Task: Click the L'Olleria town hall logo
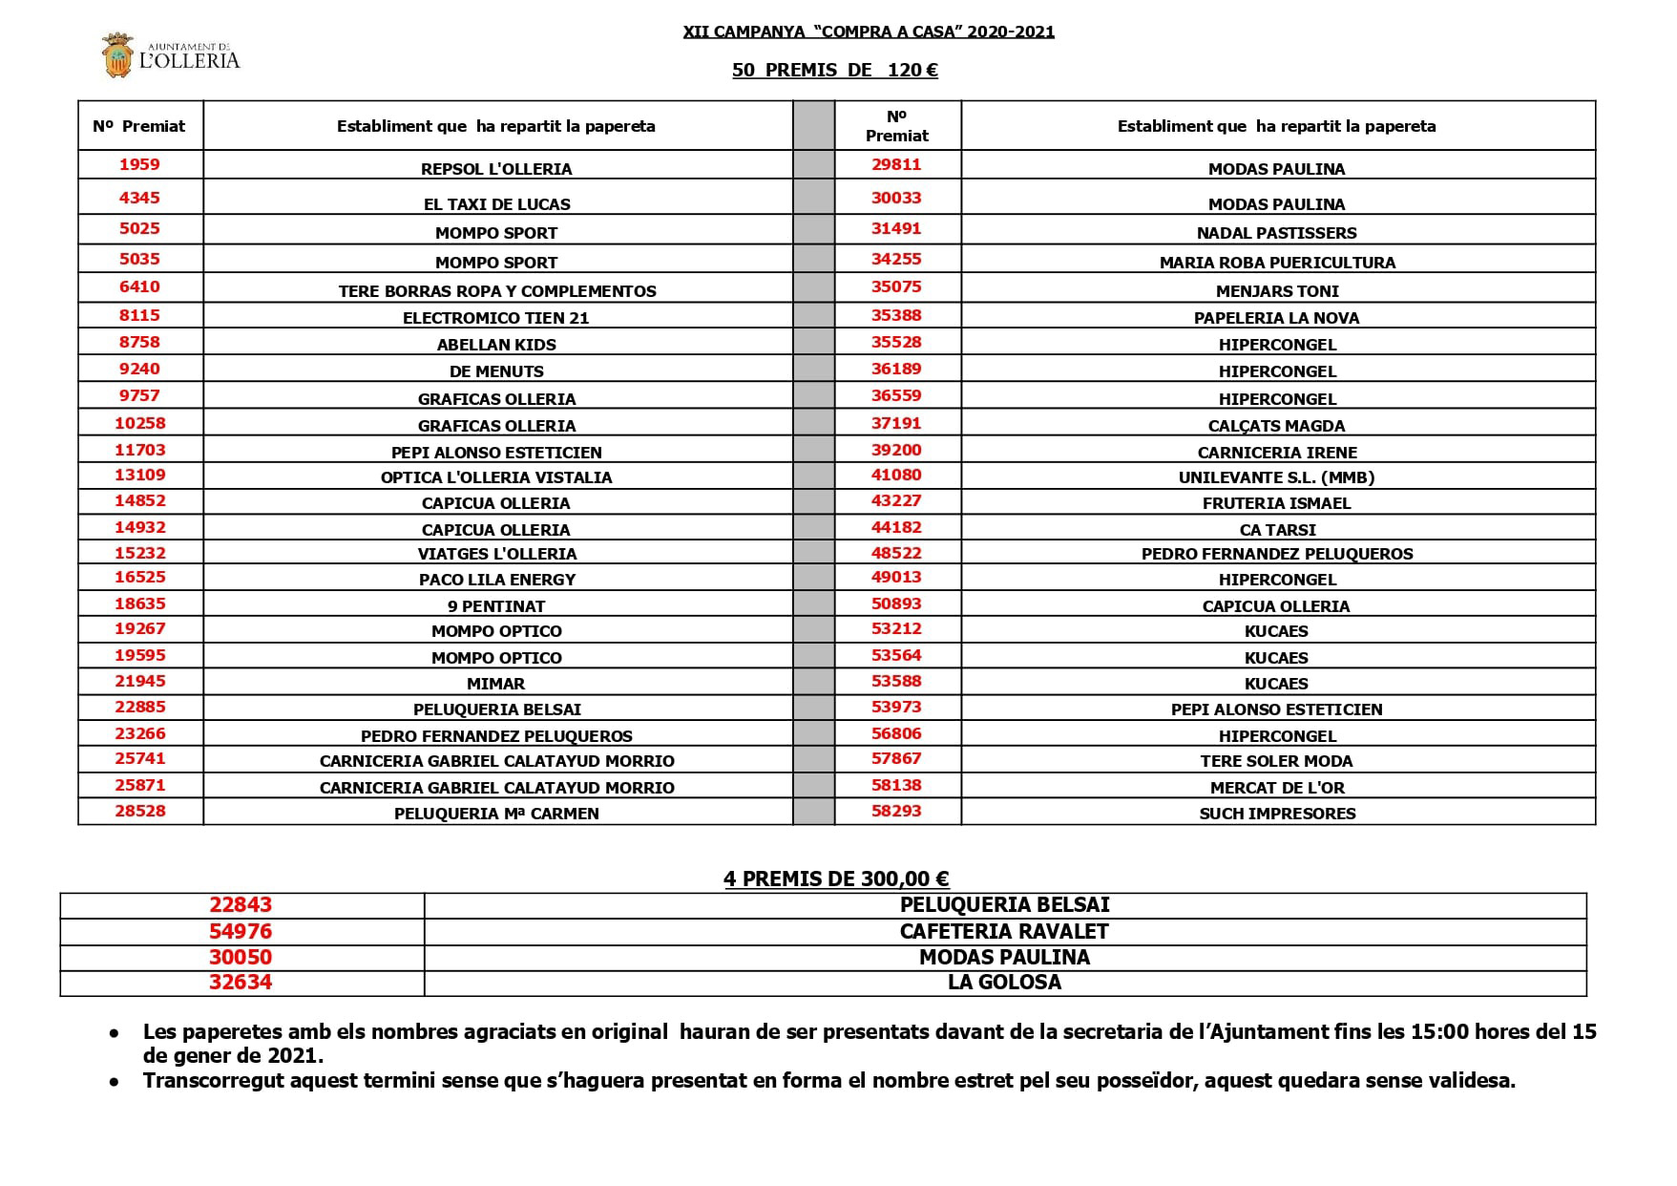(171, 55)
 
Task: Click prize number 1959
(139, 164)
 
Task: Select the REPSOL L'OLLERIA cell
(496, 169)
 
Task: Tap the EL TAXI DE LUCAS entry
(496, 204)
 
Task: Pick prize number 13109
(139, 475)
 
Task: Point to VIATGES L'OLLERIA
(496, 554)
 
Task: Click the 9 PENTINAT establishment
(496, 606)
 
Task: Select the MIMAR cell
(496, 684)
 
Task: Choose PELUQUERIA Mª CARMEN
(496, 814)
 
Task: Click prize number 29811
(896, 164)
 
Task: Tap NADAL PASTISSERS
(1276, 233)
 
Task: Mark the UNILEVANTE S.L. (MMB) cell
(1276, 477)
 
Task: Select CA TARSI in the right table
(1276, 530)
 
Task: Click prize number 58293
(896, 811)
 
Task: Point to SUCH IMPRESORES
(1276, 814)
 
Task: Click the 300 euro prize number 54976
(241, 931)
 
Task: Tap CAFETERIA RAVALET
(1004, 931)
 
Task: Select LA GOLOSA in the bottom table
(1004, 982)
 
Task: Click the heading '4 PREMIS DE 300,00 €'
(836, 879)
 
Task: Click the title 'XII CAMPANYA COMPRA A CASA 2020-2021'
(869, 32)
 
